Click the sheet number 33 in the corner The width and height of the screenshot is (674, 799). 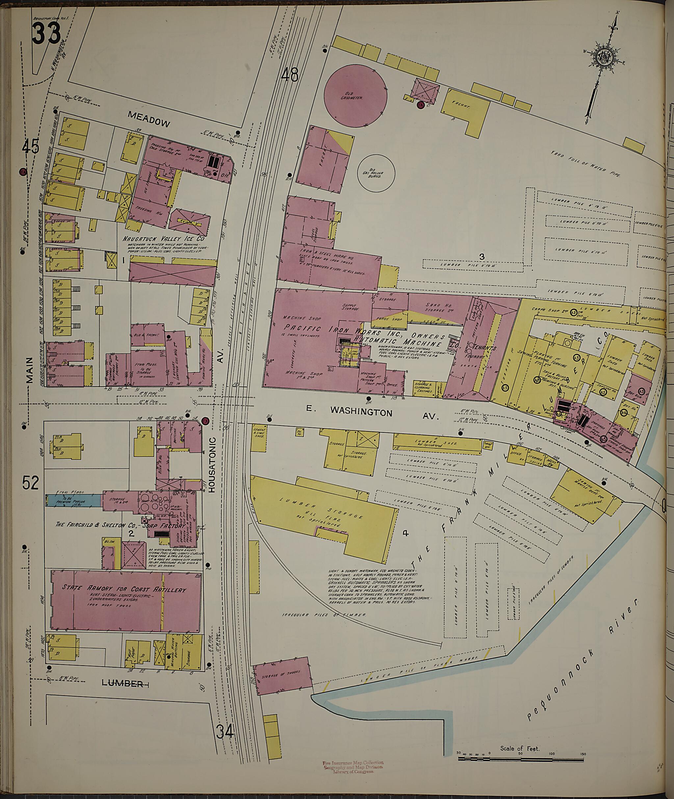pos(46,33)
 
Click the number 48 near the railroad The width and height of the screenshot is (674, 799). pos(289,74)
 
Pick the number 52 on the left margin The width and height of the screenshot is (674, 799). pos(30,483)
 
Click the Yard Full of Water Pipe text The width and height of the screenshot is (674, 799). pos(585,164)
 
